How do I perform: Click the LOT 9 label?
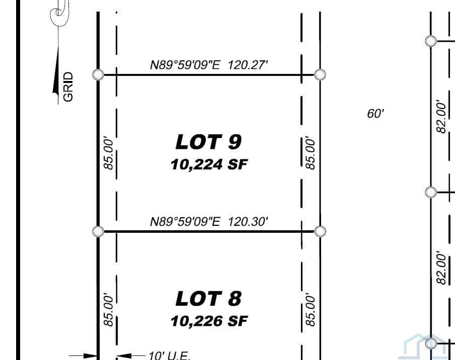[209, 142]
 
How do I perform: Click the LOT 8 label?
[209, 299]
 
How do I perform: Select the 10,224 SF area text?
[209, 164]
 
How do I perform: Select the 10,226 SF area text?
[209, 321]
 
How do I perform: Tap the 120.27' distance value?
[248, 65]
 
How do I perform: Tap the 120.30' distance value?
[248, 221]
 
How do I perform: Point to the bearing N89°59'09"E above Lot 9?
[185, 65]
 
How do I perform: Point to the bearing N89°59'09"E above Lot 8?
[185, 221]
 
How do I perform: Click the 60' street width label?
[375, 113]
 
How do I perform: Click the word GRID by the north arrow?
[68, 87]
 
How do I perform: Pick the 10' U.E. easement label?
[170, 355]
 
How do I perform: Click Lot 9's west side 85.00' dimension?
[108, 154]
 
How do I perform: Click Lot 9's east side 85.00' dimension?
[310, 154]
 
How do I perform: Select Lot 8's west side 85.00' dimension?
[108, 310]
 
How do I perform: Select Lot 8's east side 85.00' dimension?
[310, 310]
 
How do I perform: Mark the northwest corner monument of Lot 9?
[98, 74]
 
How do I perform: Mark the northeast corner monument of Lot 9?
[320, 74]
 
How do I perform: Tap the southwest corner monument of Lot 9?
[98, 231]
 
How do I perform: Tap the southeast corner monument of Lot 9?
[320, 231]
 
